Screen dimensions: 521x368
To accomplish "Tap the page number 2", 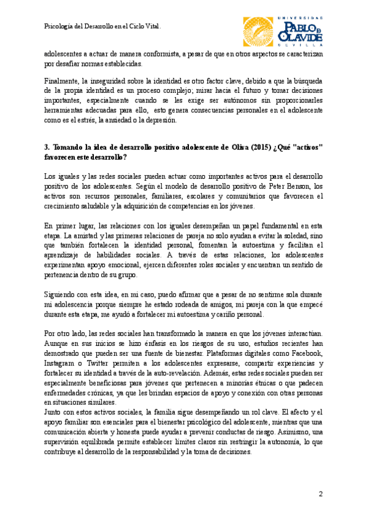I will tap(320, 495).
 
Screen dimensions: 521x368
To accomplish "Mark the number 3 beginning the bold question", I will tap(47, 147).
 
